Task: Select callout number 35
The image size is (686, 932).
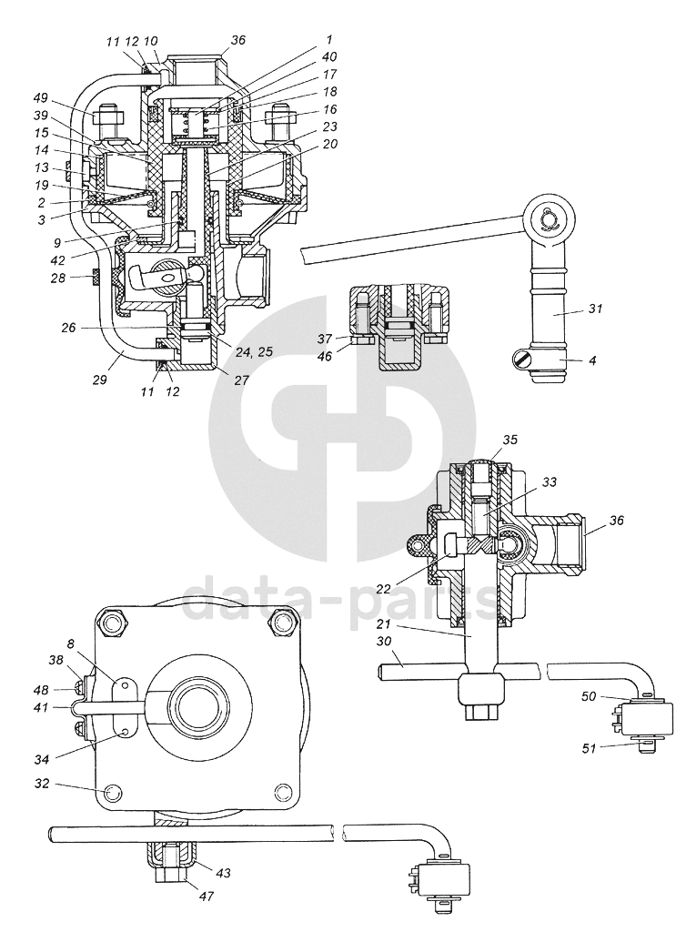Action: pyautogui.click(x=510, y=441)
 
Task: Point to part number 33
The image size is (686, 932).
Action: pyautogui.click(x=550, y=482)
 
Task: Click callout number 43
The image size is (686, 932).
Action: pyautogui.click(x=223, y=873)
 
